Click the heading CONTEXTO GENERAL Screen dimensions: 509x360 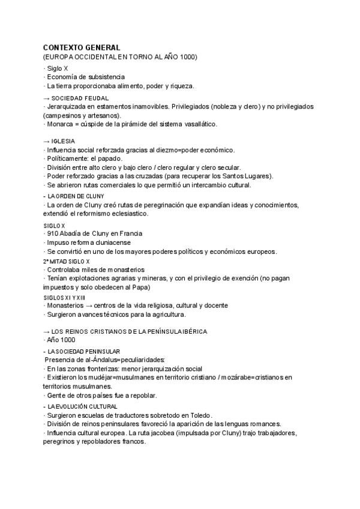pos(82,47)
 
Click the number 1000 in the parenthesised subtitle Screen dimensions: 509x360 pos(186,56)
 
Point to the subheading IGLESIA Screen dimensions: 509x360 pos(63,141)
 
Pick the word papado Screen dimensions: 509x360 pos(109,158)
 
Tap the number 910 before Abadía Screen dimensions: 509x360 pos(52,233)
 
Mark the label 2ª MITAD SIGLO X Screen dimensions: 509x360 pos(66,262)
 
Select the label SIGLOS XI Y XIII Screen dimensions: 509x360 pos(64,297)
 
